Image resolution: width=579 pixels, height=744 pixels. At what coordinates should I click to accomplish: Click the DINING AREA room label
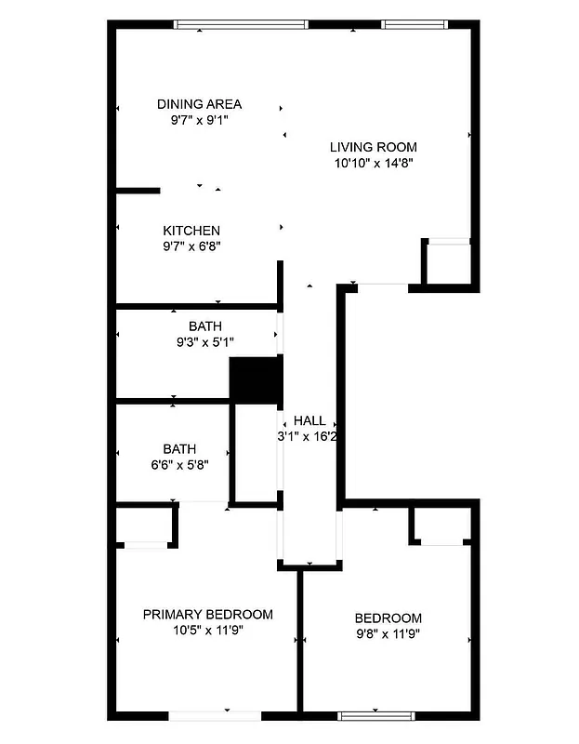199,104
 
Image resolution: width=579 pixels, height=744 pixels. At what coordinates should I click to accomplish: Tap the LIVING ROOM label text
374,147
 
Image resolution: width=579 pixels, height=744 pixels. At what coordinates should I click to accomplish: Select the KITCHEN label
191,231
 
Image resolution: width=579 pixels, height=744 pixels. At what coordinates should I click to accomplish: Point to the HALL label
309,421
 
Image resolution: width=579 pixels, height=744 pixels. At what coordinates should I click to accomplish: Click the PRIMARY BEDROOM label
207,615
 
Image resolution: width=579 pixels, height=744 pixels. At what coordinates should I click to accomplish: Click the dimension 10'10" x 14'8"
374,163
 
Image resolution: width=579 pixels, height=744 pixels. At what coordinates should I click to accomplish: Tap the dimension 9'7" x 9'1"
199,120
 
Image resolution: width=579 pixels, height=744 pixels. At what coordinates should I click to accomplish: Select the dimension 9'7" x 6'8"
191,246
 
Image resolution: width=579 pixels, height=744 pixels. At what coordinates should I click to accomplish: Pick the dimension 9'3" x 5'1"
205,342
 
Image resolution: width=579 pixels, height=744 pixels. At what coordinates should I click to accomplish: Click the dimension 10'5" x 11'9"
207,631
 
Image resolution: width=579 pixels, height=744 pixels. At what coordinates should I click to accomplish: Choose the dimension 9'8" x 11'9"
388,634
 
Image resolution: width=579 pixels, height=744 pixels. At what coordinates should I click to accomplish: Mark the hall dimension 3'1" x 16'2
308,436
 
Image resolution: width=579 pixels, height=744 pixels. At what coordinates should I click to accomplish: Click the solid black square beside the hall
256,379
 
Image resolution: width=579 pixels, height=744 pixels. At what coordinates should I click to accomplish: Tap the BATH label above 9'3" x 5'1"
205,326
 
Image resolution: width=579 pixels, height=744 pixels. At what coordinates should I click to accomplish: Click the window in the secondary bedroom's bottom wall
375,715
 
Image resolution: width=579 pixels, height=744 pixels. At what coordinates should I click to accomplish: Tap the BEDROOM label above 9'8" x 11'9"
388,618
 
